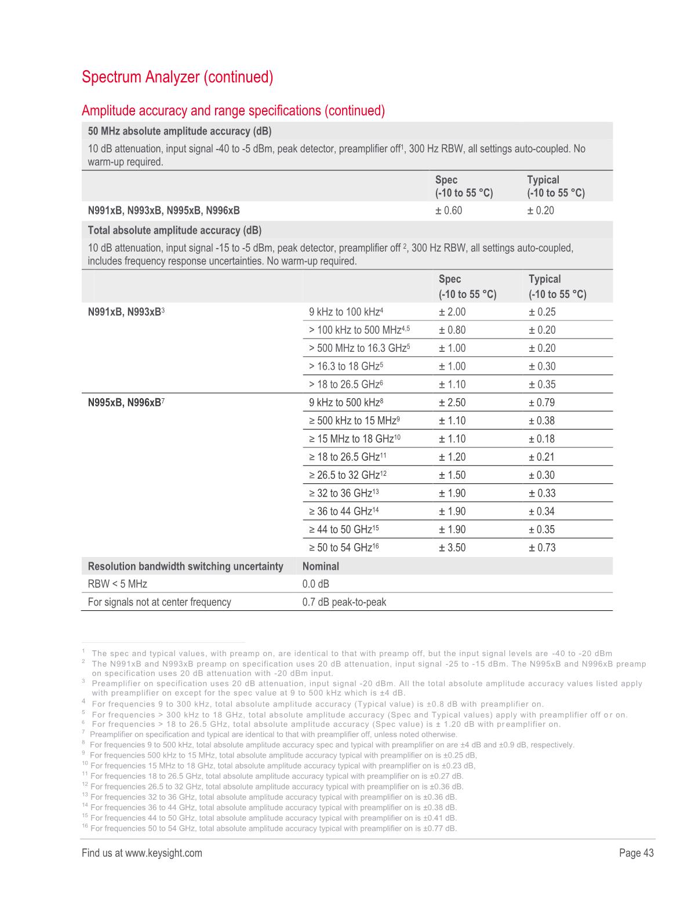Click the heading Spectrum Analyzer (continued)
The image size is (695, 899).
pos(177,77)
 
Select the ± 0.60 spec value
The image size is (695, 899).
pos(449,210)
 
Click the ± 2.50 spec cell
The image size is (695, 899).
pos(452,403)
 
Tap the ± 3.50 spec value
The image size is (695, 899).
pos(452,548)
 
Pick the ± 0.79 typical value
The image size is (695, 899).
pos(542,403)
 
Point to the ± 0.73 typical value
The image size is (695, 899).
pos(542,548)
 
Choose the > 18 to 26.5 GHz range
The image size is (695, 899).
pos(347,385)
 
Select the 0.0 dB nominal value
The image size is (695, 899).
pos(316,584)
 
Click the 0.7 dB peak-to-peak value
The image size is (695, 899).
pos(344,602)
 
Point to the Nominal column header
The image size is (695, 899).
pos(321,566)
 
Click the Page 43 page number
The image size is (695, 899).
pos(636,853)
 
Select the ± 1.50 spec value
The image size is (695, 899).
pos(452,475)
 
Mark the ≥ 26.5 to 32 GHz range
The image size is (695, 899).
pos(348,475)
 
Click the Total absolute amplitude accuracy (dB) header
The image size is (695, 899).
pos(174,231)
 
